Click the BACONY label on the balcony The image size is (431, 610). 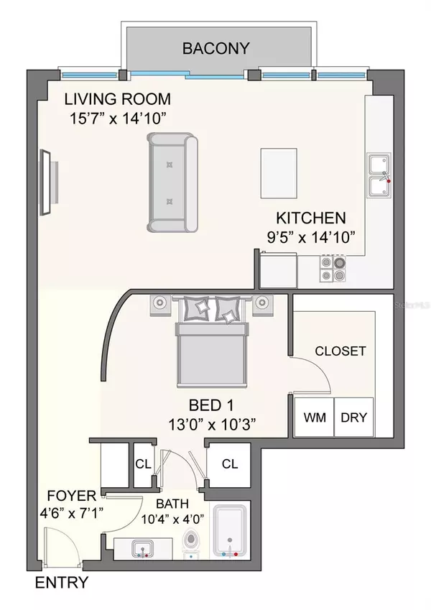click(215, 49)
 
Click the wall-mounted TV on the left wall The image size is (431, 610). click(45, 181)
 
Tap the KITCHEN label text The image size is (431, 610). click(312, 218)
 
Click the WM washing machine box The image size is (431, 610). click(314, 417)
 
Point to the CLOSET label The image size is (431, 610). click(340, 351)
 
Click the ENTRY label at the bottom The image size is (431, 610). click(62, 583)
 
